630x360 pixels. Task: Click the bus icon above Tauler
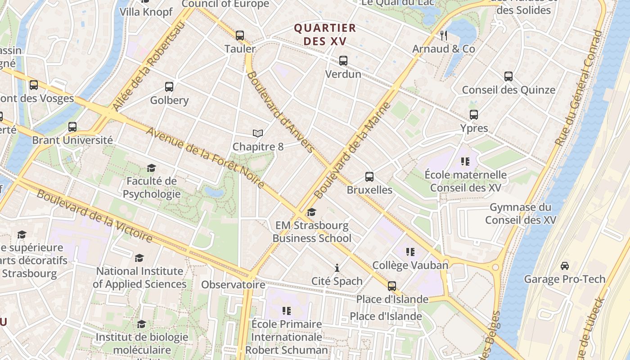240,35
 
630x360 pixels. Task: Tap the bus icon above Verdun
343,60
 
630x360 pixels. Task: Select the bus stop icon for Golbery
169,87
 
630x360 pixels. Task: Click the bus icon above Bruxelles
369,176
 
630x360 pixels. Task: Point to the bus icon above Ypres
474,115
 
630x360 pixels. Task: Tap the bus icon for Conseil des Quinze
508,76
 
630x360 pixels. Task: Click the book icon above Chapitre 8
257,134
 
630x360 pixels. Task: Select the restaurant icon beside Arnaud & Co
444,35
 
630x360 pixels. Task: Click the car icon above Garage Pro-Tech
565,266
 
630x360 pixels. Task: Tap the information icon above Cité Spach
337,268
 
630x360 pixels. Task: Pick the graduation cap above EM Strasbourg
311,212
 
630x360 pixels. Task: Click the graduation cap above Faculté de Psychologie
151,168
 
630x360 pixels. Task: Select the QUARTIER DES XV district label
325,35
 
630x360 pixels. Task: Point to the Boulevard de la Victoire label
94,216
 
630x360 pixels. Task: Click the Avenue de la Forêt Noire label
205,158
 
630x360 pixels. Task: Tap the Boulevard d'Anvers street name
280,112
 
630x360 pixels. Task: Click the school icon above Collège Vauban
410,252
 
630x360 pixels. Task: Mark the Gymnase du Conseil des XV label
521,214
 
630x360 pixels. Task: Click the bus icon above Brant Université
72,127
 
